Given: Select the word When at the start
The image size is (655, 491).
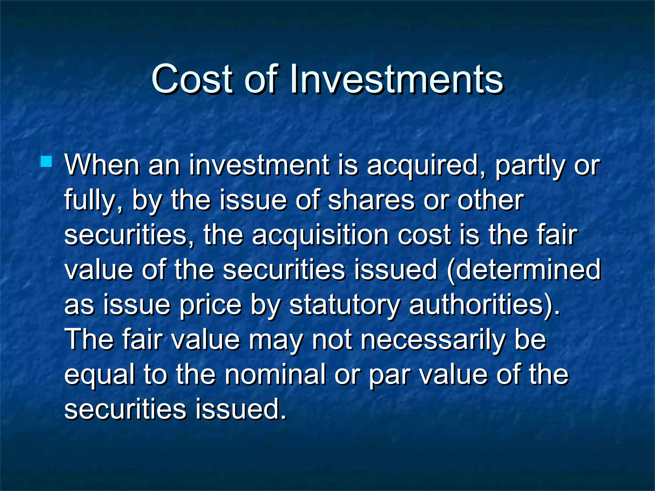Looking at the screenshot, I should pyautogui.click(x=102, y=165).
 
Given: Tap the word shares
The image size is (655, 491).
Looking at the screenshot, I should pyautogui.click(x=371, y=200).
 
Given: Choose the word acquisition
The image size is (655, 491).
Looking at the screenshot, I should pyautogui.click(x=320, y=236).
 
